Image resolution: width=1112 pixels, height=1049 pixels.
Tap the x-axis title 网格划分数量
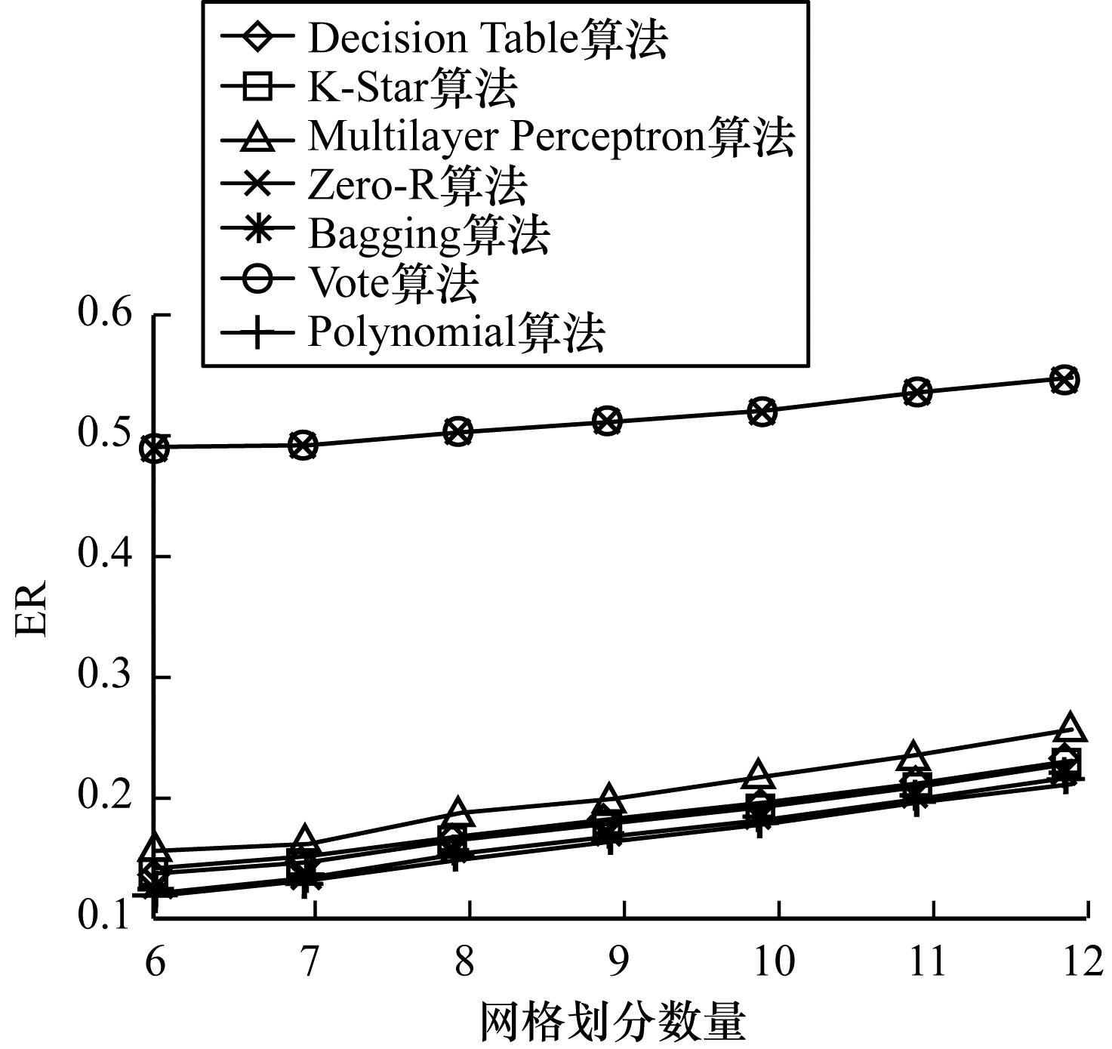(x=612, y=1023)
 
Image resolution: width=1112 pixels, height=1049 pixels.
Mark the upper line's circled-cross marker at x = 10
(x=762, y=412)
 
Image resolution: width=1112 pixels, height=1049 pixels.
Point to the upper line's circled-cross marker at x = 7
(x=303, y=445)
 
